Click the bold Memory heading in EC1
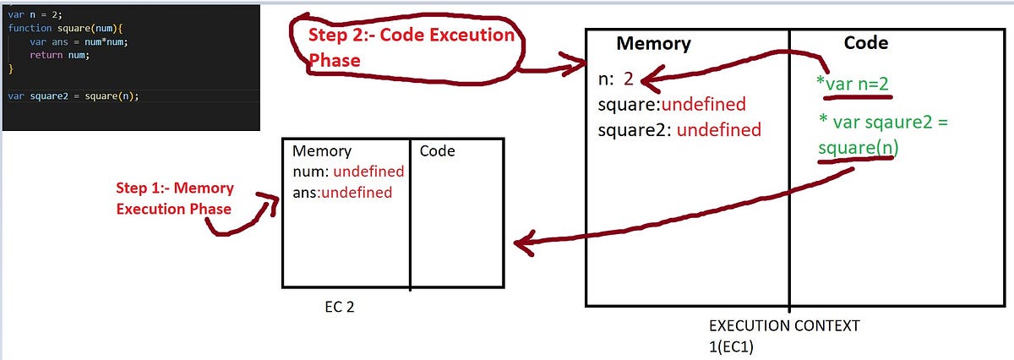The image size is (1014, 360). [652, 44]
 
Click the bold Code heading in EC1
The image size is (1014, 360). [865, 43]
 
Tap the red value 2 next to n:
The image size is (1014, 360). [628, 80]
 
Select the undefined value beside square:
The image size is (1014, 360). [703, 105]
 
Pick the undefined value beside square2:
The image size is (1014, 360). [718, 130]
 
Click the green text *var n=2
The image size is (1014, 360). [853, 84]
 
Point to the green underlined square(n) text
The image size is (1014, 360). [858, 147]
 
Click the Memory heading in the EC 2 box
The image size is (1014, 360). [320, 151]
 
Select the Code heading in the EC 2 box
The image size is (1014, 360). [437, 151]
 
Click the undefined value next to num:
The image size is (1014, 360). [368, 172]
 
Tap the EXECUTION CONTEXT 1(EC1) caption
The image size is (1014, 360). [785, 334]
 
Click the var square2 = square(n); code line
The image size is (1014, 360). [73, 95]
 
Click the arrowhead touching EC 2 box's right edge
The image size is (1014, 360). [520, 245]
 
